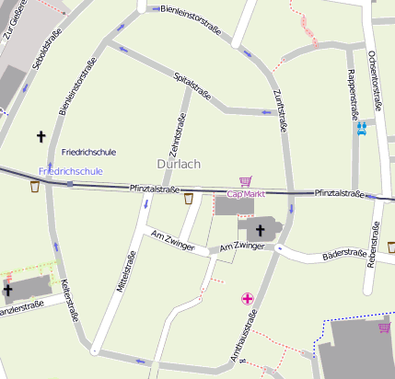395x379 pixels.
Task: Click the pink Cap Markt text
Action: [x=246, y=194]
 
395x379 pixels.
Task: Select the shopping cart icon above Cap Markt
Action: [x=245, y=181]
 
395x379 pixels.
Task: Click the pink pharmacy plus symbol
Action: [x=247, y=298]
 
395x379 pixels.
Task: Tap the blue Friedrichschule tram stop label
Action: [x=71, y=171]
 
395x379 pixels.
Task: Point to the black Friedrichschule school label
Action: [x=87, y=150]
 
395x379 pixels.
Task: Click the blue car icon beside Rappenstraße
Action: [x=363, y=129]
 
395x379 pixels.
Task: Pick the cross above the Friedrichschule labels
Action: [x=41, y=136]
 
